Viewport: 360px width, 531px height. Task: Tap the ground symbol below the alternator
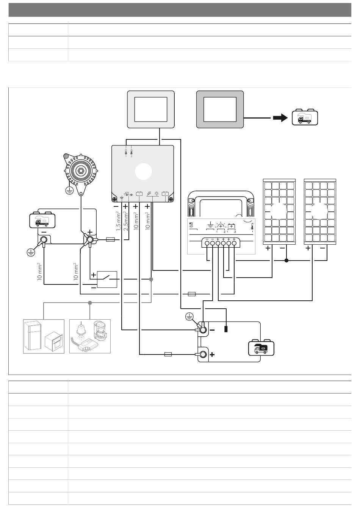[69, 191]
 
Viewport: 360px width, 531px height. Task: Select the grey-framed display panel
[220, 109]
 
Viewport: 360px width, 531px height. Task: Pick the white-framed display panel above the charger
[150, 109]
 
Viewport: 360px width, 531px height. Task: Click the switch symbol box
[107, 279]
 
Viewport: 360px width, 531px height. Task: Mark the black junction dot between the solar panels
[286, 261]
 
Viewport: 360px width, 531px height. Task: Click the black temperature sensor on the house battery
[226, 329]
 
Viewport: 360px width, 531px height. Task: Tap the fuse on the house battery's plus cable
[168, 355]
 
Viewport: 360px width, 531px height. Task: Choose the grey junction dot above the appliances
[90, 303]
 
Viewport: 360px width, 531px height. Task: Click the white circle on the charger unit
[144, 172]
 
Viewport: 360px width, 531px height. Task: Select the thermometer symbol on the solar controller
[252, 227]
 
